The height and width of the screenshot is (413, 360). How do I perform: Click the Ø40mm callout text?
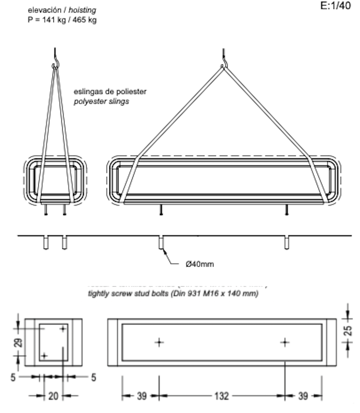pyautogui.click(x=200, y=264)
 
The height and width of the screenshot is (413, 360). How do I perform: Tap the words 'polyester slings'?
pyautogui.click(x=101, y=101)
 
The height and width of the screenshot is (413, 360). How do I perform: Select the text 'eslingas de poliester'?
pyautogui.click(x=110, y=92)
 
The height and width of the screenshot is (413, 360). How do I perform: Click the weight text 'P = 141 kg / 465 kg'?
pyautogui.click(x=62, y=20)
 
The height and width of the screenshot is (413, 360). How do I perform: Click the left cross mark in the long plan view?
pyautogui.click(x=159, y=342)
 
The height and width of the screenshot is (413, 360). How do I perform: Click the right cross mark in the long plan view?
pyautogui.click(x=285, y=342)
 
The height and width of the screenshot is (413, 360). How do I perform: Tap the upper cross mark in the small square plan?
pyautogui.click(x=62, y=329)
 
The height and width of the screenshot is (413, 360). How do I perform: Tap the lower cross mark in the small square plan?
pyautogui.click(x=44, y=355)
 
